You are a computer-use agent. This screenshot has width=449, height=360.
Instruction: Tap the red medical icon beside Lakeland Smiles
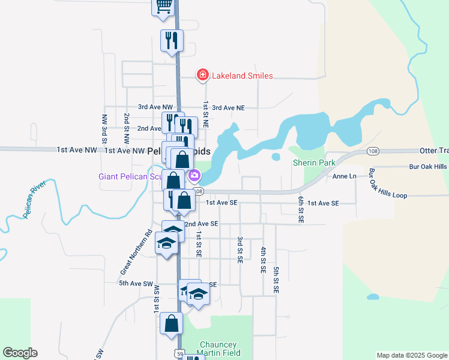[x=203, y=75]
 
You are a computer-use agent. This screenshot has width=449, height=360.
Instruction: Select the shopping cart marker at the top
[x=163, y=6]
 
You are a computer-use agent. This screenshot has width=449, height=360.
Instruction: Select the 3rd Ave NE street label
[x=229, y=107]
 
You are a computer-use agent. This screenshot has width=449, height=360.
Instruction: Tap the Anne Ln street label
[x=344, y=177]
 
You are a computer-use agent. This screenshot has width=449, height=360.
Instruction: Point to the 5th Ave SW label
[x=137, y=283]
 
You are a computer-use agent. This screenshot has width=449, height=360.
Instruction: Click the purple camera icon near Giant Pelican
[x=194, y=176]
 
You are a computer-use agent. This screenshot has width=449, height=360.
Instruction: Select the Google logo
[x=20, y=353]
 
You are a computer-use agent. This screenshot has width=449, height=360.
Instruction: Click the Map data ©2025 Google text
[x=411, y=355]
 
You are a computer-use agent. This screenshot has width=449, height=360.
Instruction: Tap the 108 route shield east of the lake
[x=373, y=151]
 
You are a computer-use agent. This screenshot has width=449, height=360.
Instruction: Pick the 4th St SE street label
[x=263, y=260]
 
